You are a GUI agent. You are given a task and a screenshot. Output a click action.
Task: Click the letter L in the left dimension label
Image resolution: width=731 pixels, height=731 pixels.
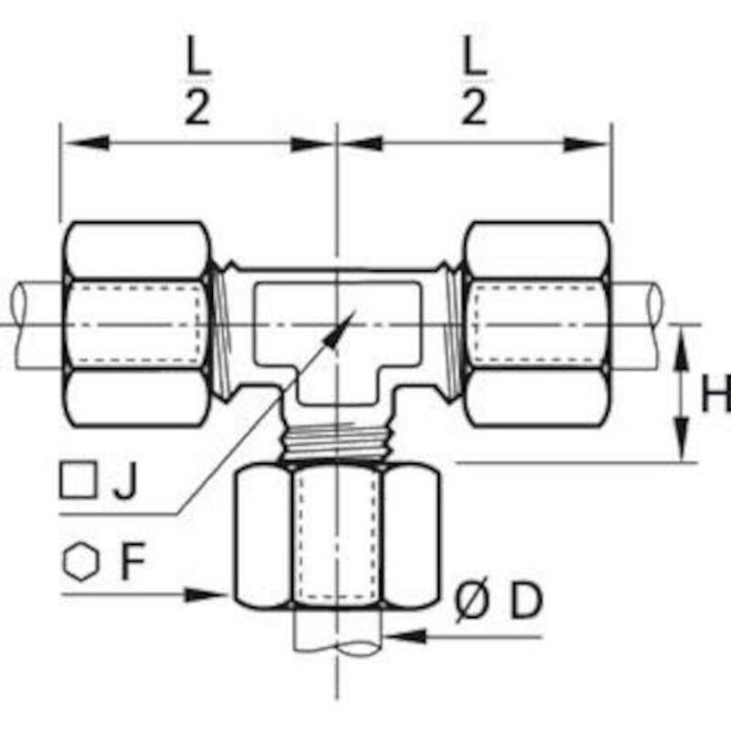click(198, 55)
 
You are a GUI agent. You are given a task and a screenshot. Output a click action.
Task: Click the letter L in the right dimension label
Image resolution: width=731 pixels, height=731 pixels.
click(474, 55)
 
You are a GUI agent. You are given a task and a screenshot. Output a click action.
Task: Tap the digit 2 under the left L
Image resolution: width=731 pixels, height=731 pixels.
click(197, 107)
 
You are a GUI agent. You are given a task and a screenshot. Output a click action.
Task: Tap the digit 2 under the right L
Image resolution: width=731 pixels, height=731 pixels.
click(474, 107)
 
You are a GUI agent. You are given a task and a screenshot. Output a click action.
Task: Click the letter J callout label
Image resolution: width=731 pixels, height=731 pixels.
click(125, 482)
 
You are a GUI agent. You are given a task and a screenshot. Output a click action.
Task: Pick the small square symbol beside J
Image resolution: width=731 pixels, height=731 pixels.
click(78, 481)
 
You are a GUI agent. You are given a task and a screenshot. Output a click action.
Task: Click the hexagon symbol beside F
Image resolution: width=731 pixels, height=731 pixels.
click(81, 561)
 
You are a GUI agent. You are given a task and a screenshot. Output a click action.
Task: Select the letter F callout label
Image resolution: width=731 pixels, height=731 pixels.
click(132, 561)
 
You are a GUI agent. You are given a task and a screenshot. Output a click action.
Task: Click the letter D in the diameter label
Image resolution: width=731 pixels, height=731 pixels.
click(527, 601)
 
